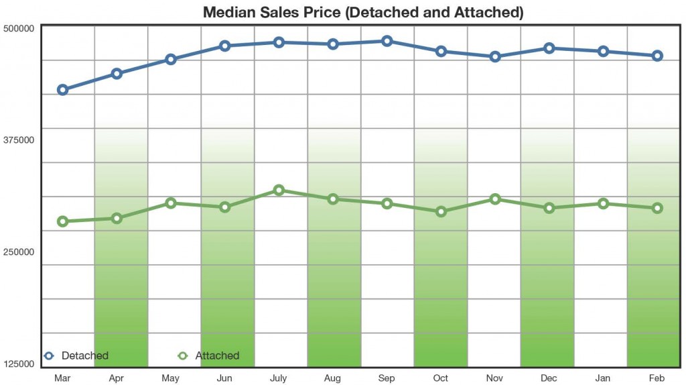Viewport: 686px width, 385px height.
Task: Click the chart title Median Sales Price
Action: point(362,12)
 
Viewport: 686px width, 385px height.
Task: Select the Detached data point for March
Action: point(62,90)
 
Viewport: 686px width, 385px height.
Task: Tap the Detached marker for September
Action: point(387,41)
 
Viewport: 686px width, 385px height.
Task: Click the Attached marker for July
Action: point(279,190)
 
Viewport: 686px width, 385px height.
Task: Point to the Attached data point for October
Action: point(441,211)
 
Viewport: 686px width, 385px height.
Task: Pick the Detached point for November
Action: point(495,56)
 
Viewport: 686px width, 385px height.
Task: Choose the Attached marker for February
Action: point(657,208)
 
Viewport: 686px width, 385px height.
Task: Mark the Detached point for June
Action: point(225,46)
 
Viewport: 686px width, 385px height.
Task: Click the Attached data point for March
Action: point(62,221)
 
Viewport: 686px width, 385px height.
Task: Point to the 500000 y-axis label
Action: point(19,29)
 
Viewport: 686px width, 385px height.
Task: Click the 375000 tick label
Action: point(19,140)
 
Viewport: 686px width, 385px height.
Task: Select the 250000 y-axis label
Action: point(19,252)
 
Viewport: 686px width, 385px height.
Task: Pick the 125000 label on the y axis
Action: point(19,364)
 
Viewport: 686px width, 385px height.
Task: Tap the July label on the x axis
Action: point(278,378)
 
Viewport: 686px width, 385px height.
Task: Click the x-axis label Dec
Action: point(549,378)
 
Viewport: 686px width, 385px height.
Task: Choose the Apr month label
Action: point(116,378)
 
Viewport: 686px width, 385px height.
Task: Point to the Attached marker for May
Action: point(171,203)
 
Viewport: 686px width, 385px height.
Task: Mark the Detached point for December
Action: point(549,48)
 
